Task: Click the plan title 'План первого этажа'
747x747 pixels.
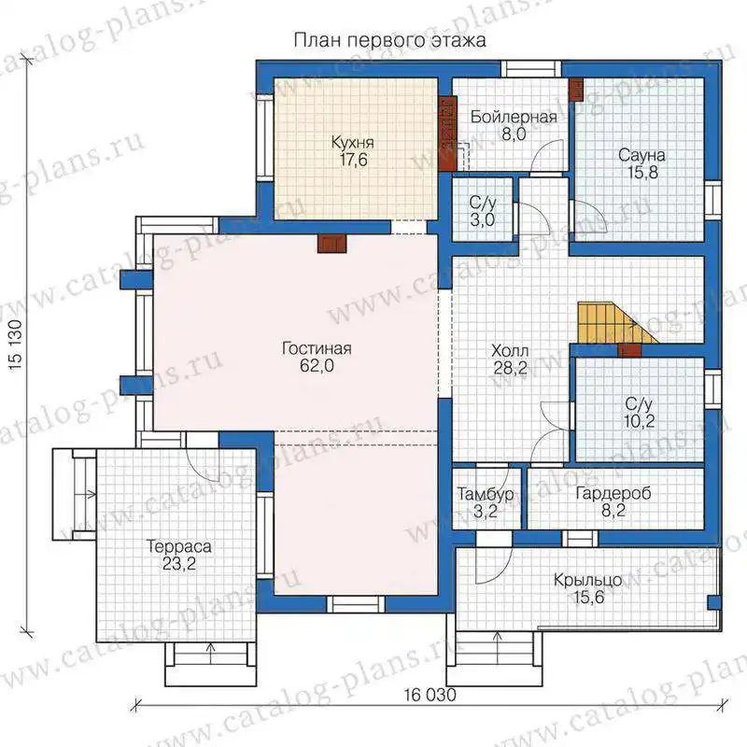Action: coord(389,40)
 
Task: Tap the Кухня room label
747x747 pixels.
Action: coord(353,143)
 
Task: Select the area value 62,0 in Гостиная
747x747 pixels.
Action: coord(317,366)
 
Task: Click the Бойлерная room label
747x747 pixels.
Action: coord(514,118)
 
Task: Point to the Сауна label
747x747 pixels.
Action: coord(641,155)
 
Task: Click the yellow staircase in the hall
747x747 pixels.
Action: coord(615,322)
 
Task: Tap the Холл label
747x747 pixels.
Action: coord(510,351)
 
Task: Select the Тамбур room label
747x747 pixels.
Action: coord(486,494)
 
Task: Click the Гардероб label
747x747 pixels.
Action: coord(613,494)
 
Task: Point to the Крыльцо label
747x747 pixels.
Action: coord(588,580)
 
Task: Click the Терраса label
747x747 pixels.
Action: coord(179,546)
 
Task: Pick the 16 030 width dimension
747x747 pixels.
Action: coord(430,695)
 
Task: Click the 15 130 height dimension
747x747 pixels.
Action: coord(15,345)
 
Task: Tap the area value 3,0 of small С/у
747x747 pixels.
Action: coord(483,220)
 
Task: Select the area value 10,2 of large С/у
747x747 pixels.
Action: coord(639,421)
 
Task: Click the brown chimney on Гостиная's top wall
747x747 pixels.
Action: coord(332,244)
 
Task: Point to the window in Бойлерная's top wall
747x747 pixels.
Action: coord(530,69)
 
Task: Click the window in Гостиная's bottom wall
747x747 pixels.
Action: coord(356,604)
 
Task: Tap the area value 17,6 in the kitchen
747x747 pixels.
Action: coord(353,160)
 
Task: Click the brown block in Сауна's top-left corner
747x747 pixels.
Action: coord(576,89)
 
